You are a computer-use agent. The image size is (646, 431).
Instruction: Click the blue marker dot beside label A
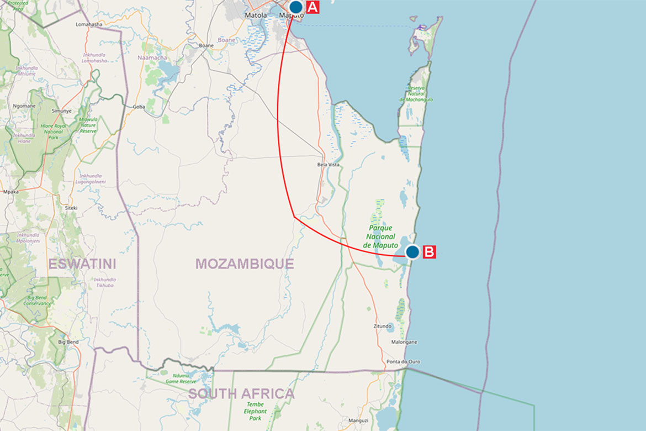296,7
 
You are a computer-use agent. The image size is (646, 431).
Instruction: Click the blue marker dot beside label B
412,252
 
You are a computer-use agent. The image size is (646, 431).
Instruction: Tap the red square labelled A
312,7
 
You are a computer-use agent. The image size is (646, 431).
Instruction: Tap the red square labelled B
429,252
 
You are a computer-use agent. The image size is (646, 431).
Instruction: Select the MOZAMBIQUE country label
245,264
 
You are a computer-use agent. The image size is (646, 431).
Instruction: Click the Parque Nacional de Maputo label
380,236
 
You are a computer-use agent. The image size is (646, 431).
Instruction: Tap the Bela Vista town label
328,165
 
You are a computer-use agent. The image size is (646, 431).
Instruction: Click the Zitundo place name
382,326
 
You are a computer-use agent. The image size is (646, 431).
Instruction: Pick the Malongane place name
404,342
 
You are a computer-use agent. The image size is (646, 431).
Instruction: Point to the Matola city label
256,15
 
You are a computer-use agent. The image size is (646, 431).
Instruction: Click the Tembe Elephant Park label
255,411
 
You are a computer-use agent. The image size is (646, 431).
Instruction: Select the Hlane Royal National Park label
52,131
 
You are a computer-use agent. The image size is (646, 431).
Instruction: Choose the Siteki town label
71,208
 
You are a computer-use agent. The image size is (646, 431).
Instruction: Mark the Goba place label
139,107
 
